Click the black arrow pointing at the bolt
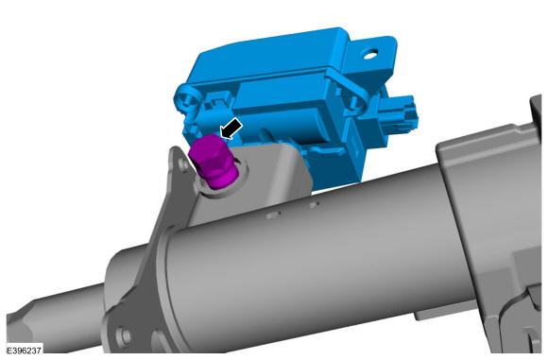231,128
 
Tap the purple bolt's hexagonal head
208,152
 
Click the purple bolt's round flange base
221,179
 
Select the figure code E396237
25,351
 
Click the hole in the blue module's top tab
369,54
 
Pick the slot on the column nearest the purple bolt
273,215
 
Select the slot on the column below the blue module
315,205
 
